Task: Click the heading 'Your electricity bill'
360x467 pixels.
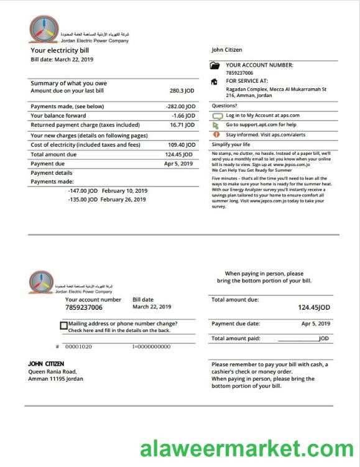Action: point(60,50)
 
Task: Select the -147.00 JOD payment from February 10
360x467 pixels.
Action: point(83,191)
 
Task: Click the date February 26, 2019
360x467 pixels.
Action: point(123,200)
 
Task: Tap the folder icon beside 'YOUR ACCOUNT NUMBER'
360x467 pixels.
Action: point(215,65)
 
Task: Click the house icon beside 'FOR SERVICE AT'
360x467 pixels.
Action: point(215,81)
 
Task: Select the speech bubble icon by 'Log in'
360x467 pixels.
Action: point(217,116)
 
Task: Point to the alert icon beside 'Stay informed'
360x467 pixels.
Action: point(216,134)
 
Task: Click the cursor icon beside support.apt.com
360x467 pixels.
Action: point(216,125)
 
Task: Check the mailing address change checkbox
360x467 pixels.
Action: point(64,325)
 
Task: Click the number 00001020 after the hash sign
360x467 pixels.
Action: point(78,346)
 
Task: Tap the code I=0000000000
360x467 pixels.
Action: point(151,346)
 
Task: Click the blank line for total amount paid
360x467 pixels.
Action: point(298,340)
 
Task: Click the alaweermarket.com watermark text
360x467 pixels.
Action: point(246,448)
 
